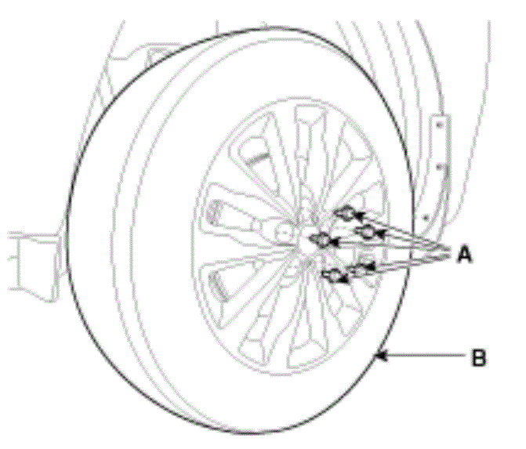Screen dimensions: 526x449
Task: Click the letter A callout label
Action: click(x=465, y=254)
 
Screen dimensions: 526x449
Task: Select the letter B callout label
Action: click(x=478, y=357)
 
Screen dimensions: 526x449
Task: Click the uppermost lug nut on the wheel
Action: click(x=346, y=213)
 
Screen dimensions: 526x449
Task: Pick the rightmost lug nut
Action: click(x=366, y=231)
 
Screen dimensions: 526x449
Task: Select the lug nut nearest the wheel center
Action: click(x=321, y=240)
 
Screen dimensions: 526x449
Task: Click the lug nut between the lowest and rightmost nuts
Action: click(x=360, y=269)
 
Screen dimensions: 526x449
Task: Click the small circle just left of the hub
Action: click(x=282, y=232)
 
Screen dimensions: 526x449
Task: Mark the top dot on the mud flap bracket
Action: click(x=440, y=125)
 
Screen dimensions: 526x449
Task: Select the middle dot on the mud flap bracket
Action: click(x=440, y=166)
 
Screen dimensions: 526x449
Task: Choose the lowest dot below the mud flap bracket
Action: click(x=426, y=218)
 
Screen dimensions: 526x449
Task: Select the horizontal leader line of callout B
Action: click(x=423, y=356)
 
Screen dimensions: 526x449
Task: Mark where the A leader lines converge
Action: click(x=448, y=254)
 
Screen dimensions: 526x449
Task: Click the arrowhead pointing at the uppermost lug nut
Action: click(x=360, y=215)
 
